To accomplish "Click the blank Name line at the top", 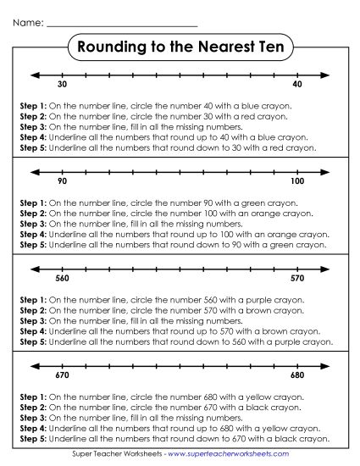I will point(122,25).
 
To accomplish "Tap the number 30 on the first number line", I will point(62,86).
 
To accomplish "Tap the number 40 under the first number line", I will point(297,86).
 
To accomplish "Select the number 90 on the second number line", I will point(62,182).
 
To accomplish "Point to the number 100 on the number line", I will point(297,182).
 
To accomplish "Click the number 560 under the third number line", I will point(62,279).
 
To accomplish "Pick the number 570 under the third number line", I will point(297,279).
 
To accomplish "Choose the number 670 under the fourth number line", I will point(62,375).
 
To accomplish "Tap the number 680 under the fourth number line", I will point(297,375).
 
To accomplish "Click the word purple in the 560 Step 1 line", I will point(242,301).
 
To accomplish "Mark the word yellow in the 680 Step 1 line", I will point(242,397).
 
